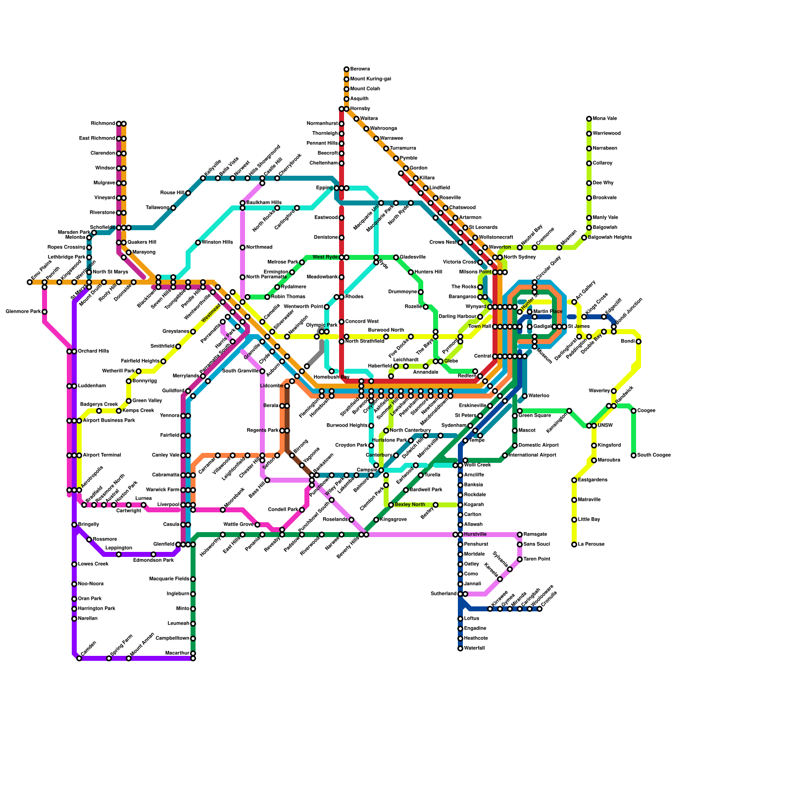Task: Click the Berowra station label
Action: tap(360, 69)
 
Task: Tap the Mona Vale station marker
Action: tap(589, 119)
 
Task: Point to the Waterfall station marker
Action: tap(460, 648)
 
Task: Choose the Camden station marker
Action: tap(79, 658)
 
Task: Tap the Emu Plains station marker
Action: tap(30, 282)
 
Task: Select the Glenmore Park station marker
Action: tap(45, 312)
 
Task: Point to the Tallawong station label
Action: tap(157, 208)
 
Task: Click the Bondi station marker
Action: tap(639, 342)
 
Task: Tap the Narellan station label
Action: tap(88, 619)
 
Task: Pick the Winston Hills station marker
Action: tap(198, 243)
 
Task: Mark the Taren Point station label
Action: tap(537, 559)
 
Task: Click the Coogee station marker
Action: tap(634, 411)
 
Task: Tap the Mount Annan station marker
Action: tap(129, 658)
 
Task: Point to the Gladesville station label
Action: tap(412, 257)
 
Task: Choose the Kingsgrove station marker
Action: tap(376, 520)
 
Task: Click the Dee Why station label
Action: tap(603, 183)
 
